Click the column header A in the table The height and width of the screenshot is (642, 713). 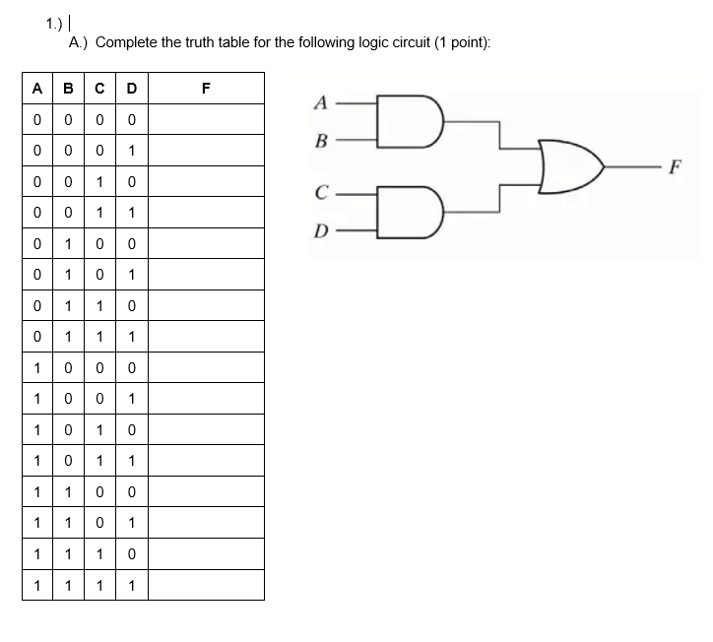click(36, 88)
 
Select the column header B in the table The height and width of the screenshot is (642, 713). click(68, 88)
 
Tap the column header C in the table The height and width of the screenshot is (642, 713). click(99, 88)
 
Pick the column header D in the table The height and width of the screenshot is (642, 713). click(131, 88)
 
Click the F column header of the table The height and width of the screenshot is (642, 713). click(205, 88)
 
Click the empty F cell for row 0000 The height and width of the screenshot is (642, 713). click(205, 120)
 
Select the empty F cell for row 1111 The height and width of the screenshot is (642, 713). click(205, 585)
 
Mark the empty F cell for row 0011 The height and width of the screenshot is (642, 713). click(205, 213)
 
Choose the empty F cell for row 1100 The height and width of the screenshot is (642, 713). click(205, 491)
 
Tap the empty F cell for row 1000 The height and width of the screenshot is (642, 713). click(205, 367)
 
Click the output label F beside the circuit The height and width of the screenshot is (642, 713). click(677, 166)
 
